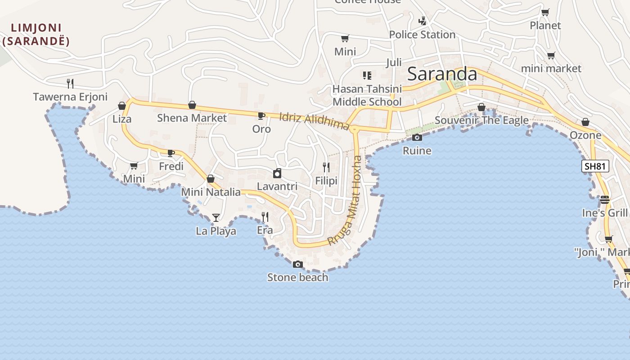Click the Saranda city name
(x=442, y=74)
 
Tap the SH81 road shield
(x=595, y=166)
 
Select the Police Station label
(x=422, y=35)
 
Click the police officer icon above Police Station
(x=422, y=21)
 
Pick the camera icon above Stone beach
(x=297, y=264)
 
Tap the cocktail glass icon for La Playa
(x=216, y=218)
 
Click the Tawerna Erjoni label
(x=70, y=97)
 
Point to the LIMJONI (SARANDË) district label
(x=36, y=35)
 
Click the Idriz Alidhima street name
(x=314, y=121)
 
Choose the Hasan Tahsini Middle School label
(x=367, y=95)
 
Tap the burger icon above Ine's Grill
(x=604, y=199)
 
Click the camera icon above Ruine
(x=417, y=137)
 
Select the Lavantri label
(x=277, y=186)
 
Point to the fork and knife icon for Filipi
(x=326, y=167)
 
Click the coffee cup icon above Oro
(x=261, y=116)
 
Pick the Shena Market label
(x=192, y=118)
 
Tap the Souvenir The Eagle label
(x=481, y=121)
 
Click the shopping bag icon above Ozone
(x=585, y=122)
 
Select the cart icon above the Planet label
(x=545, y=12)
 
